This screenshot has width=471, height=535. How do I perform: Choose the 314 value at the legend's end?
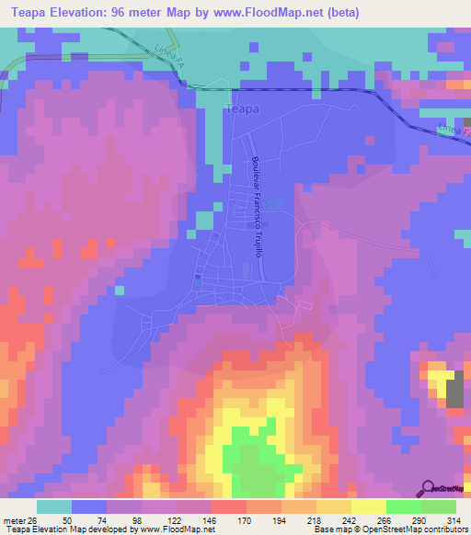pyautogui.click(x=452, y=518)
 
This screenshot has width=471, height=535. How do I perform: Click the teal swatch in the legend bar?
pyautogui.click(x=53, y=506)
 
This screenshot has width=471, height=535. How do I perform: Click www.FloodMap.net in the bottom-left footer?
pyautogui.click(x=175, y=529)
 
